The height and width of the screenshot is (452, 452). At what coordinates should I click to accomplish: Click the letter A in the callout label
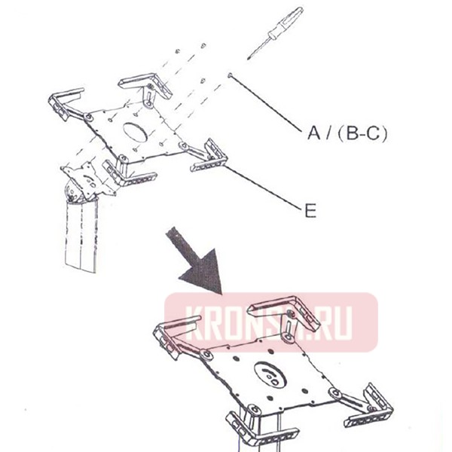(311, 133)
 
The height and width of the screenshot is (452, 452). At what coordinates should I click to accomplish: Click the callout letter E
(309, 212)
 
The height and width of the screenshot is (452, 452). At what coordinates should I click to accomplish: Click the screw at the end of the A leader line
(228, 75)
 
